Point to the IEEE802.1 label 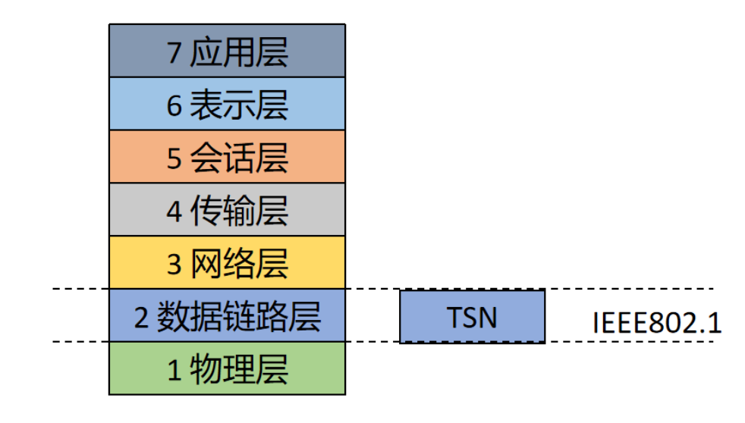point(656,321)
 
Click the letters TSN point(472,317)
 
